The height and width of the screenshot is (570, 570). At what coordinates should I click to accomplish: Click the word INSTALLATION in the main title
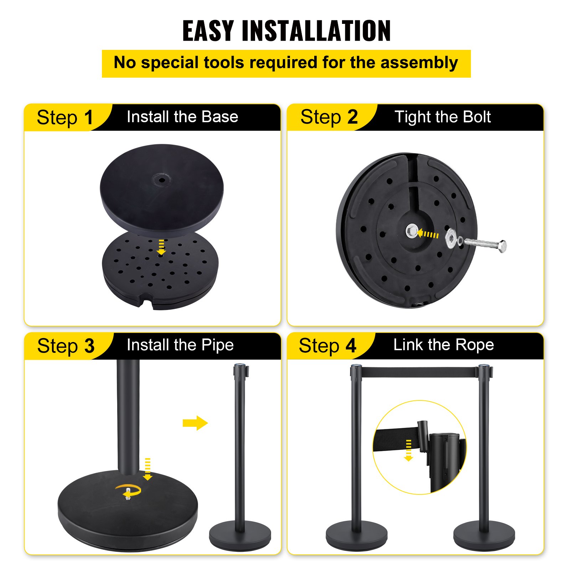coord(316,31)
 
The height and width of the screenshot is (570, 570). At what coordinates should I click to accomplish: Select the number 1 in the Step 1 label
coord(88,118)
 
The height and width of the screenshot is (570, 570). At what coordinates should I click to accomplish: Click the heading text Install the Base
coord(182,117)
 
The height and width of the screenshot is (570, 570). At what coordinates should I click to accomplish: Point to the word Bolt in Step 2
coord(474,117)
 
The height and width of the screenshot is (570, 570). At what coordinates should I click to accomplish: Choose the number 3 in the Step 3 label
coord(89,346)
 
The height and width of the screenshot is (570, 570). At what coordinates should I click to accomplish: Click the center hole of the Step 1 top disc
coord(162,180)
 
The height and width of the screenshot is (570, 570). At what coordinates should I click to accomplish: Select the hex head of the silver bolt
coord(502,246)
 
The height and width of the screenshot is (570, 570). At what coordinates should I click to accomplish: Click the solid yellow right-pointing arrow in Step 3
coord(195,423)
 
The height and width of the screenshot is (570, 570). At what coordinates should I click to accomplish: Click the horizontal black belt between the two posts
coord(419,372)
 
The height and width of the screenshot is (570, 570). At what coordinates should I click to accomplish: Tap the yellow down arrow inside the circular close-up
coord(409,451)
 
